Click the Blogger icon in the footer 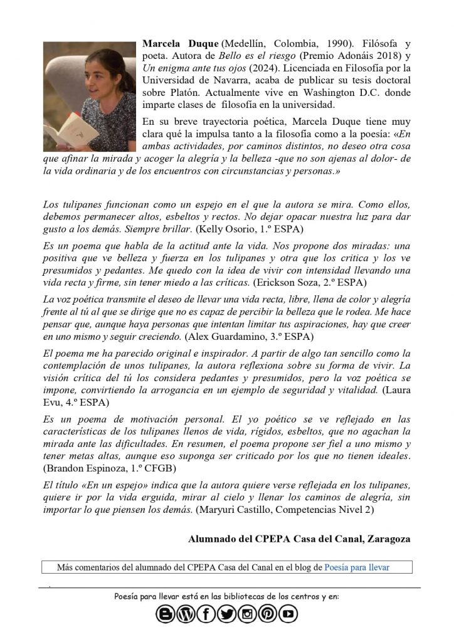pyautogui.click(x=166, y=615)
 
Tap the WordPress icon pyautogui.click(x=186, y=615)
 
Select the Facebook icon pyautogui.click(x=206, y=615)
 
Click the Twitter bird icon pyautogui.click(x=227, y=615)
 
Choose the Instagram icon pyautogui.click(x=247, y=615)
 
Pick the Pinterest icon pyautogui.click(x=268, y=615)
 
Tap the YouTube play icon pyautogui.click(x=288, y=615)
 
